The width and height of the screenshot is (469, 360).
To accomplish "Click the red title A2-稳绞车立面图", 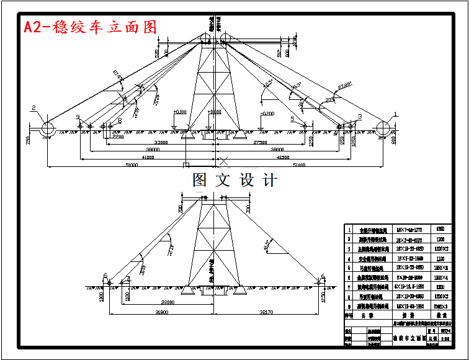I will coord(90,27).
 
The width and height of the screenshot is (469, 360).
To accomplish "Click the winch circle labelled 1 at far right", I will coord(384,129).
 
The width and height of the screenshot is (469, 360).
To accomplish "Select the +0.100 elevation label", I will coord(180,112).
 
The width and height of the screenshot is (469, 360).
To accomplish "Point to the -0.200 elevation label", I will coord(267,114).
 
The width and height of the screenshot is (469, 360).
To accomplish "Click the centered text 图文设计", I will coord(234,180).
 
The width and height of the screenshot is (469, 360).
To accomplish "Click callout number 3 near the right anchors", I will coord(360,116).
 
